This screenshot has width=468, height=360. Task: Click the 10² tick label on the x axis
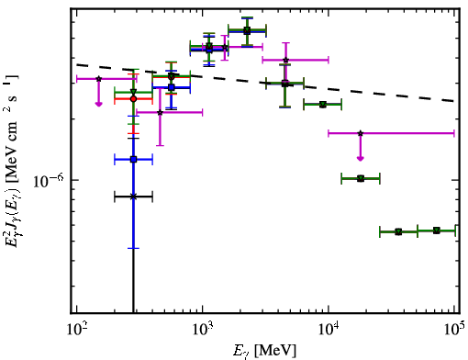pyautogui.click(x=76, y=330)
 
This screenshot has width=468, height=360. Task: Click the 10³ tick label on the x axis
pyautogui.click(x=202, y=330)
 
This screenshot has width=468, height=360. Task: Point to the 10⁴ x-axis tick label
pyautogui.click(x=329, y=330)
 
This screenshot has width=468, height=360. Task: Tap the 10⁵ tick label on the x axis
pyautogui.click(x=454, y=330)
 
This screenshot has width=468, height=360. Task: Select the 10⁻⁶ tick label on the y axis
pyautogui.click(x=48, y=181)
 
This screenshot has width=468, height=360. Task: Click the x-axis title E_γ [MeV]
pyautogui.click(x=264, y=351)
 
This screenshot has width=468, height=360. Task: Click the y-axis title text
pyautogui.click(x=12, y=160)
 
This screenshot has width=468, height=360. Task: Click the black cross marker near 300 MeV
pyautogui.click(x=133, y=197)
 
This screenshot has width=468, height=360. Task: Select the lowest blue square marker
pyautogui.click(x=133, y=160)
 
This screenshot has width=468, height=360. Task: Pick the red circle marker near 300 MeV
pyautogui.click(x=133, y=99)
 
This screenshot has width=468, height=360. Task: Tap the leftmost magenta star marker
pyautogui.click(x=98, y=79)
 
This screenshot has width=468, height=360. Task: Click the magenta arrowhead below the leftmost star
pyautogui.click(x=98, y=104)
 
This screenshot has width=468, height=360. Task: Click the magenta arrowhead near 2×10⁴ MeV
pyautogui.click(x=361, y=158)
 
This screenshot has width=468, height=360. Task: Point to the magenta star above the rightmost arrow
pyautogui.click(x=361, y=133)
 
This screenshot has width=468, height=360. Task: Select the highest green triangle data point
pyautogui.click(x=247, y=30)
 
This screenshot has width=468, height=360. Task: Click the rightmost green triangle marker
pyautogui.click(x=437, y=231)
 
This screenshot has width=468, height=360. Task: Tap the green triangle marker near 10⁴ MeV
pyautogui.click(x=323, y=105)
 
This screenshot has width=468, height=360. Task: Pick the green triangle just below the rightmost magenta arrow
pyautogui.click(x=361, y=178)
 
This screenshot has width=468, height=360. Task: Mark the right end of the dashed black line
pyautogui.click(x=454, y=101)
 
